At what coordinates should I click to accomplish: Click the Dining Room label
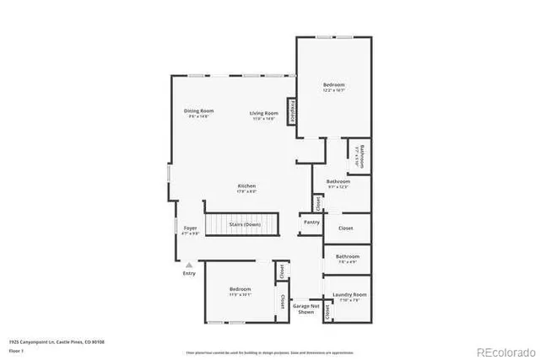(x=199, y=110)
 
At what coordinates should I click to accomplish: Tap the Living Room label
(x=263, y=113)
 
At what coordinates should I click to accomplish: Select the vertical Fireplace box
(x=293, y=111)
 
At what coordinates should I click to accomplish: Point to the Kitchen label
(x=246, y=185)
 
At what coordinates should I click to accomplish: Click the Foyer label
(x=191, y=228)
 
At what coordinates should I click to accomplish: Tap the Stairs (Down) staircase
(x=242, y=225)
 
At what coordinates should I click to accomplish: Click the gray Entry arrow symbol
(x=189, y=265)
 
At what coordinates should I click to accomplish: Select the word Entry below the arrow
(x=189, y=273)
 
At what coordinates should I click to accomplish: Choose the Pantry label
(x=310, y=223)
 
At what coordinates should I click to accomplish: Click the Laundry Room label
(x=347, y=295)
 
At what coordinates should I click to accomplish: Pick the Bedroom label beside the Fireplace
(x=334, y=84)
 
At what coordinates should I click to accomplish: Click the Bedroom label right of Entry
(x=240, y=289)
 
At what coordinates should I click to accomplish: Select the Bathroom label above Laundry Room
(x=347, y=256)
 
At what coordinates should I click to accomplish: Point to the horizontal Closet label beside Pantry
(x=346, y=228)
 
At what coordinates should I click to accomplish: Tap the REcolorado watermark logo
(x=505, y=351)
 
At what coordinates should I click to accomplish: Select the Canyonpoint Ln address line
(x=50, y=341)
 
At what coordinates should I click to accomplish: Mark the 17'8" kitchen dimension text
(x=246, y=191)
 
